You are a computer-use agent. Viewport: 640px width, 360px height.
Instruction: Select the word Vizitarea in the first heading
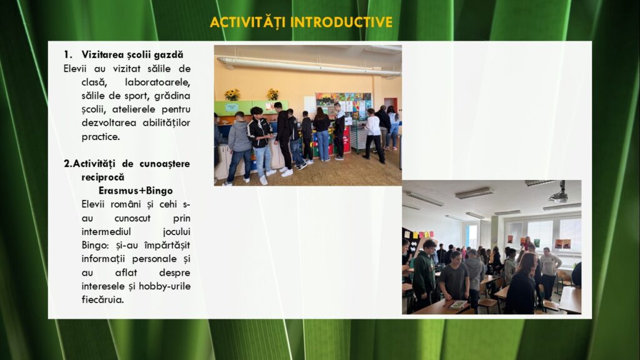[102, 54]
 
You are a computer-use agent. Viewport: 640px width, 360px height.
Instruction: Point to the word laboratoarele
[157, 82]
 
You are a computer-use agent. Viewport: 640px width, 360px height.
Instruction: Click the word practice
[101, 137]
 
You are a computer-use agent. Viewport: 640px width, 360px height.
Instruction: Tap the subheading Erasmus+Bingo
[136, 191]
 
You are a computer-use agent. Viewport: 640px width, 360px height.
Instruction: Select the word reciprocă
[103, 177]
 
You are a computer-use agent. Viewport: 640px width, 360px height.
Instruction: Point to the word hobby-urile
[164, 286]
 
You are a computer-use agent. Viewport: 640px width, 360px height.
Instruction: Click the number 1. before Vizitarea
[67, 55]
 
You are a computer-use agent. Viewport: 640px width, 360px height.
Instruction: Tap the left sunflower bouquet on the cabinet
[232, 95]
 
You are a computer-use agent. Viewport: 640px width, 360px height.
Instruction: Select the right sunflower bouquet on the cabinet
[272, 94]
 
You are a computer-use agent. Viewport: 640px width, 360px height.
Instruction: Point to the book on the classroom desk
[457, 304]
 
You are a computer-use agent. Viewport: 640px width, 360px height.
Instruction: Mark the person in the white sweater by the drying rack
[374, 136]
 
